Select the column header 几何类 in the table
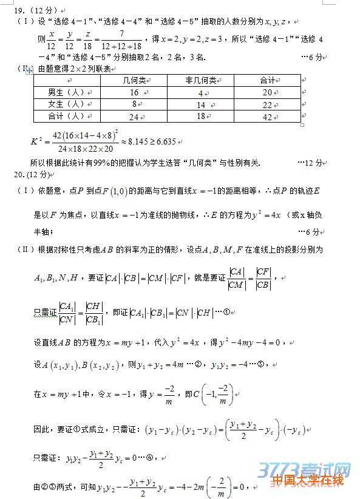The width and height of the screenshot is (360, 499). pos(134,80)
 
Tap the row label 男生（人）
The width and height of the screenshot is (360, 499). pos(66,92)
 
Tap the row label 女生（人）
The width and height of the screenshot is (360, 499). pos(66,104)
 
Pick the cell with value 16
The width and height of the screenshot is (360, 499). pos(134,92)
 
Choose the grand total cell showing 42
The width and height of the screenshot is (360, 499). pos(267,117)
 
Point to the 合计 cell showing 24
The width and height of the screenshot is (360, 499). pos(134,117)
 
